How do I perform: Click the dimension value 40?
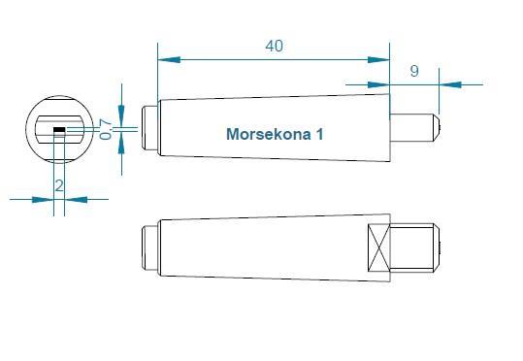coord(275,46)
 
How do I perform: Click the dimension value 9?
coord(414,71)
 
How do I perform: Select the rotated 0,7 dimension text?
coord(106,129)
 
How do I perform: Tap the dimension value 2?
coord(59,185)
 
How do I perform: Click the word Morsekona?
coord(268,134)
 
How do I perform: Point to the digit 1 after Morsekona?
coord(319,134)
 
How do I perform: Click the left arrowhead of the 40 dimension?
coord(169,60)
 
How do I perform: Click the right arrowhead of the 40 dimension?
coord(378,60)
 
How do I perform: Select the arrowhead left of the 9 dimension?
coord(378,84)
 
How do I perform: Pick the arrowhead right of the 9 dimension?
coord(450,84)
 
